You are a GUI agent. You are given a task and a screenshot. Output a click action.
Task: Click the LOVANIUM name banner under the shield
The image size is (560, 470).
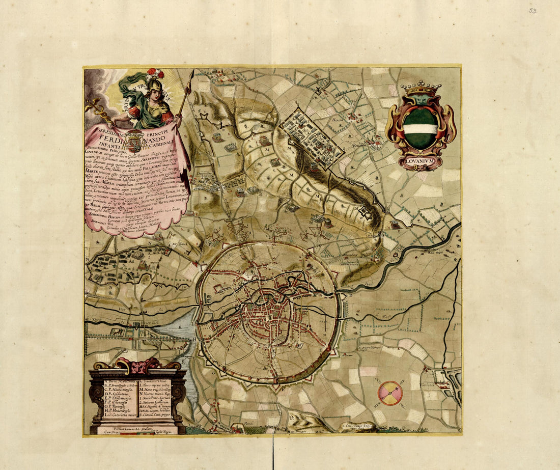click(x=421, y=162)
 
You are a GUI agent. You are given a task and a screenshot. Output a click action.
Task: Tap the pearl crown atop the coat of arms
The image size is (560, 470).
click(x=421, y=89)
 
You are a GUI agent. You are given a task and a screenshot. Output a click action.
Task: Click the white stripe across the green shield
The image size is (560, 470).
click(x=421, y=128)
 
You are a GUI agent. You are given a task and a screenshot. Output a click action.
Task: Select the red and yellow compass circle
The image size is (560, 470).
click(x=390, y=393)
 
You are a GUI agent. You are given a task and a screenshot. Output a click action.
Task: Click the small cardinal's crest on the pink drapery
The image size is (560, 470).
click(x=135, y=139)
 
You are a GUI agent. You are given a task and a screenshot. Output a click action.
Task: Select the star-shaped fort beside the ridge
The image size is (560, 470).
click(x=365, y=212)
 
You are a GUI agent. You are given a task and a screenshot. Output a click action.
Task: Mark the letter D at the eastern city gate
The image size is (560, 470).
click(x=351, y=295)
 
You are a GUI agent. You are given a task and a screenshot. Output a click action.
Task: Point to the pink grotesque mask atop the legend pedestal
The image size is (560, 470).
click(x=137, y=365)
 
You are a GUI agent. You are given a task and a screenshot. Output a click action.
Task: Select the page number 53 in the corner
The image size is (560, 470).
click(x=532, y=11)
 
